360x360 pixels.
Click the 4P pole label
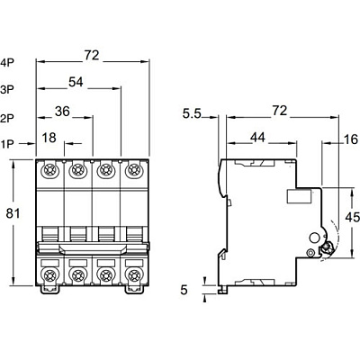point(7,62)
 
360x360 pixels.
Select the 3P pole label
point(7,89)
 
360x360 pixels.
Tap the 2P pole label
point(7,119)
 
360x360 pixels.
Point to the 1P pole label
point(7,144)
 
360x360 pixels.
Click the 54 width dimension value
point(76,82)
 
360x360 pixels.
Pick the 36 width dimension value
point(62,112)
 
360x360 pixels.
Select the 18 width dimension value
point(49,138)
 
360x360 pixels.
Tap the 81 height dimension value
point(13,213)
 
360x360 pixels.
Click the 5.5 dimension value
point(192,113)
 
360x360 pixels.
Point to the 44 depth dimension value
point(257,137)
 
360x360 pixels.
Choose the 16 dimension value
point(351,139)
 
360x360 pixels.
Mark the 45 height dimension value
point(352,217)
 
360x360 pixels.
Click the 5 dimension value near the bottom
point(184,290)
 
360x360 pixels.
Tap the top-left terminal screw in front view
point(49,170)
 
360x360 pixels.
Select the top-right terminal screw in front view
point(134,170)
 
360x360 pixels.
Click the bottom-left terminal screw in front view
point(49,274)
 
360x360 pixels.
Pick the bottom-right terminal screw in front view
point(134,274)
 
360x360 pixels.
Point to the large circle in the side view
point(315,238)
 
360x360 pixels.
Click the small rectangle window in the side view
point(300,196)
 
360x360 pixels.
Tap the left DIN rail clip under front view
point(49,289)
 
